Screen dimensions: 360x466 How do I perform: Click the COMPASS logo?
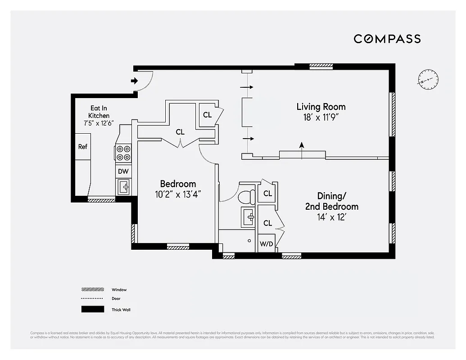[x=387, y=39]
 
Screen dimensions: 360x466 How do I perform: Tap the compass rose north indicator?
[x=427, y=81]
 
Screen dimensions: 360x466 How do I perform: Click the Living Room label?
[x=321, y=107]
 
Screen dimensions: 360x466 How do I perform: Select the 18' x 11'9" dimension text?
[x=321, y=117]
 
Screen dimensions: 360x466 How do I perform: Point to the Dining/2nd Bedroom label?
[x=338, y=201]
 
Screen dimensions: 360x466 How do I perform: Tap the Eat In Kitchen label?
[x=99, y=112]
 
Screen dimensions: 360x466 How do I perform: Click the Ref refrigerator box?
[x=83, y=147]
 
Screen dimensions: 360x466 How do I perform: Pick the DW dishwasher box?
[x=123, y=171]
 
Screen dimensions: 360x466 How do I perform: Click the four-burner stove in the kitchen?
[x=123, y=153]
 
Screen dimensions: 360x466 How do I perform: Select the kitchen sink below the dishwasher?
[x=123, y=186]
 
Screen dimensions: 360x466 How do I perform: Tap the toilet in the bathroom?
[x=246, y=196]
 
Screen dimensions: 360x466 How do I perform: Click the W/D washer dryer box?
[x=266, y=243]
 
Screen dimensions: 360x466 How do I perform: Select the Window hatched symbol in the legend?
[x=92, y=290]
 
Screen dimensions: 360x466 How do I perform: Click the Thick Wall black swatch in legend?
[x=92, y=310]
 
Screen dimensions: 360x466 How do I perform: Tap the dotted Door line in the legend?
[x=92, y=299]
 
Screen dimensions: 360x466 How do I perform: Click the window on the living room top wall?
[x=321, y=66]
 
